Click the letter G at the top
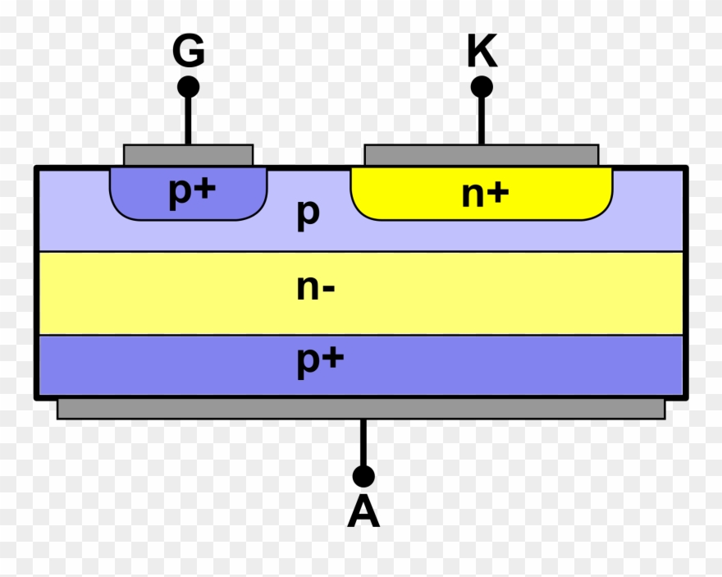point(188,52)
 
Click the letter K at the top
point(482,52)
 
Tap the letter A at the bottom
point(363,513)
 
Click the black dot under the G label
point(188,86)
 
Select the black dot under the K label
point(482,86)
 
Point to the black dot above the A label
point(363,476)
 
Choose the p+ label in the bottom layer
point(319,362)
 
